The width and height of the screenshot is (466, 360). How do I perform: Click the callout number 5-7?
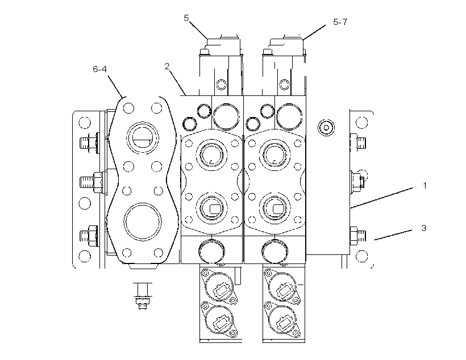point(340,22)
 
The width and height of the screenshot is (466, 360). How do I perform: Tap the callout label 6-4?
point(99,69)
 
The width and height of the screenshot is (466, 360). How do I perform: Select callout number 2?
point(167,66)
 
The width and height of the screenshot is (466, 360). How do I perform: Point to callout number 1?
point(425,186)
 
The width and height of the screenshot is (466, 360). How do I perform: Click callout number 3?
point(424,228)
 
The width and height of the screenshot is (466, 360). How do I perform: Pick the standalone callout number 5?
point(186,18)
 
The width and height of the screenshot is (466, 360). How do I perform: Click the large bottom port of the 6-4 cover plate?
point(142,221)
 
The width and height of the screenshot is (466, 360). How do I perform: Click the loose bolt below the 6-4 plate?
point(143,296)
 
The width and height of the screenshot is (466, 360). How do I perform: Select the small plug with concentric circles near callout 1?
point(326,128)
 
